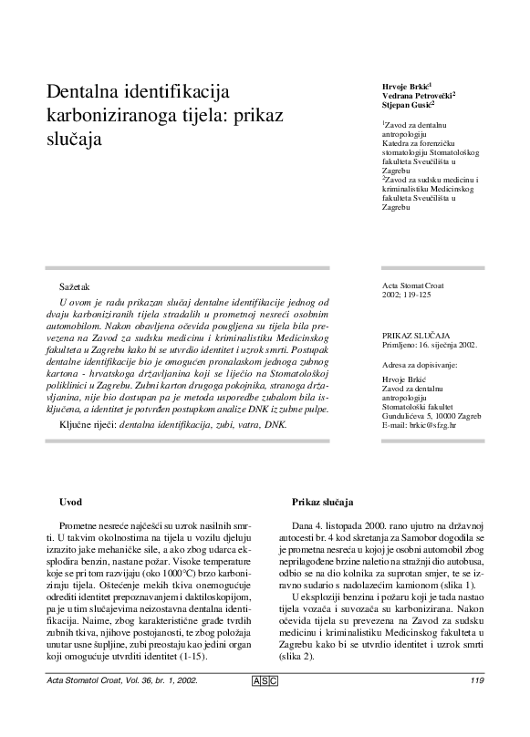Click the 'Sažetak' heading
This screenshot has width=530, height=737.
point(74,286)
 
